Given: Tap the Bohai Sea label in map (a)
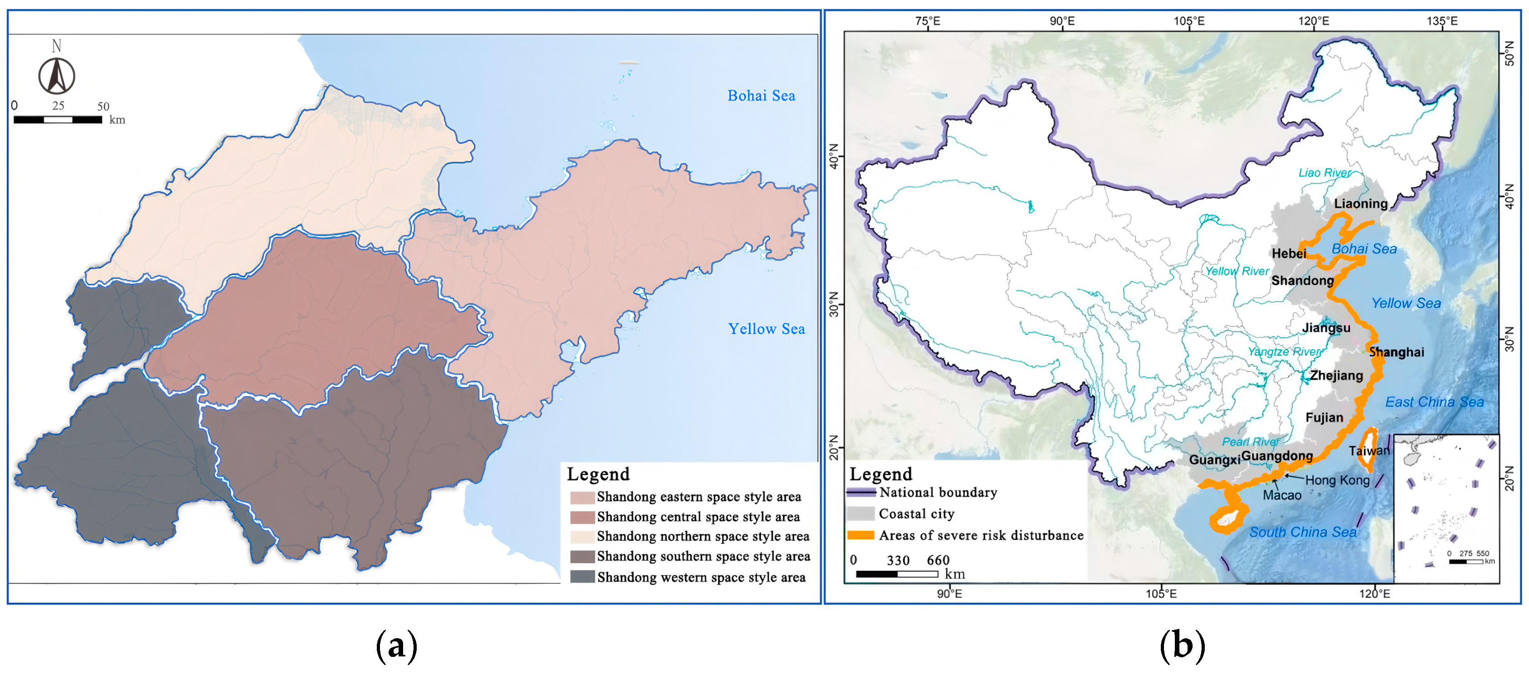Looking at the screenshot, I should (x=761, y=96).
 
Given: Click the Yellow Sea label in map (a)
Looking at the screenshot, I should (x=766, y=329).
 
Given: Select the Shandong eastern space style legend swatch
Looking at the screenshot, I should (x=582, y=497).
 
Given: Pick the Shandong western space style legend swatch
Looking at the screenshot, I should (x=582, y=577).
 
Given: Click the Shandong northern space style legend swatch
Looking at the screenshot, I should (x=582, y=537).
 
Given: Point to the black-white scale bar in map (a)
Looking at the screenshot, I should (x=58, y=119).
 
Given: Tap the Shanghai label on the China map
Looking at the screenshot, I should (x=1396, y=352).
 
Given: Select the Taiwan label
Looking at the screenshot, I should (x=1369, y=451).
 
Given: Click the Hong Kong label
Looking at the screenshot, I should (x=1337, y=480).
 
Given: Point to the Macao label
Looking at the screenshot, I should (x=1281, y=495).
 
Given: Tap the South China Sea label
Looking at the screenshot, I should (x=1302, y=532).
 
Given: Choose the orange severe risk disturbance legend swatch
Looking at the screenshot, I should (x=860, y=535).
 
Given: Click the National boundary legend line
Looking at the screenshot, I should (x=860, y=492).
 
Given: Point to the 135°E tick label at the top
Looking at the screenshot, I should (x=1442, y=21).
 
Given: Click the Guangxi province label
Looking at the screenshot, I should (x=1214, y=460).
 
